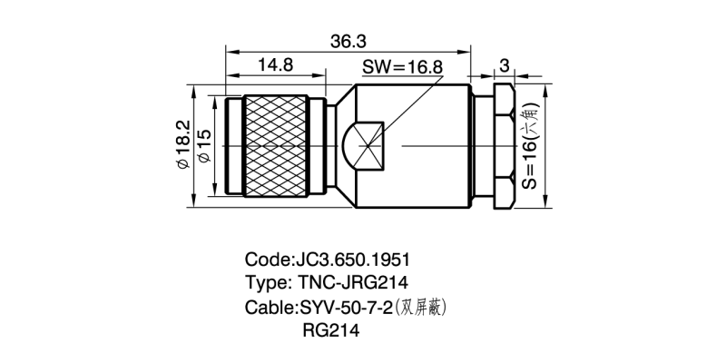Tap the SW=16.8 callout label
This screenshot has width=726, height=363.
tap(402, 68)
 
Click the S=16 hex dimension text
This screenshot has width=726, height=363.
tap(530, 145)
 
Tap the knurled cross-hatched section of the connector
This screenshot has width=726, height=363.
tap(277, 145)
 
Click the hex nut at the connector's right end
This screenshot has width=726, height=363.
tap(503, 145)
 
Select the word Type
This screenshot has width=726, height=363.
tap(265, 282)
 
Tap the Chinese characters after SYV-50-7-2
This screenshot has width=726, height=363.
tap(424, 307)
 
